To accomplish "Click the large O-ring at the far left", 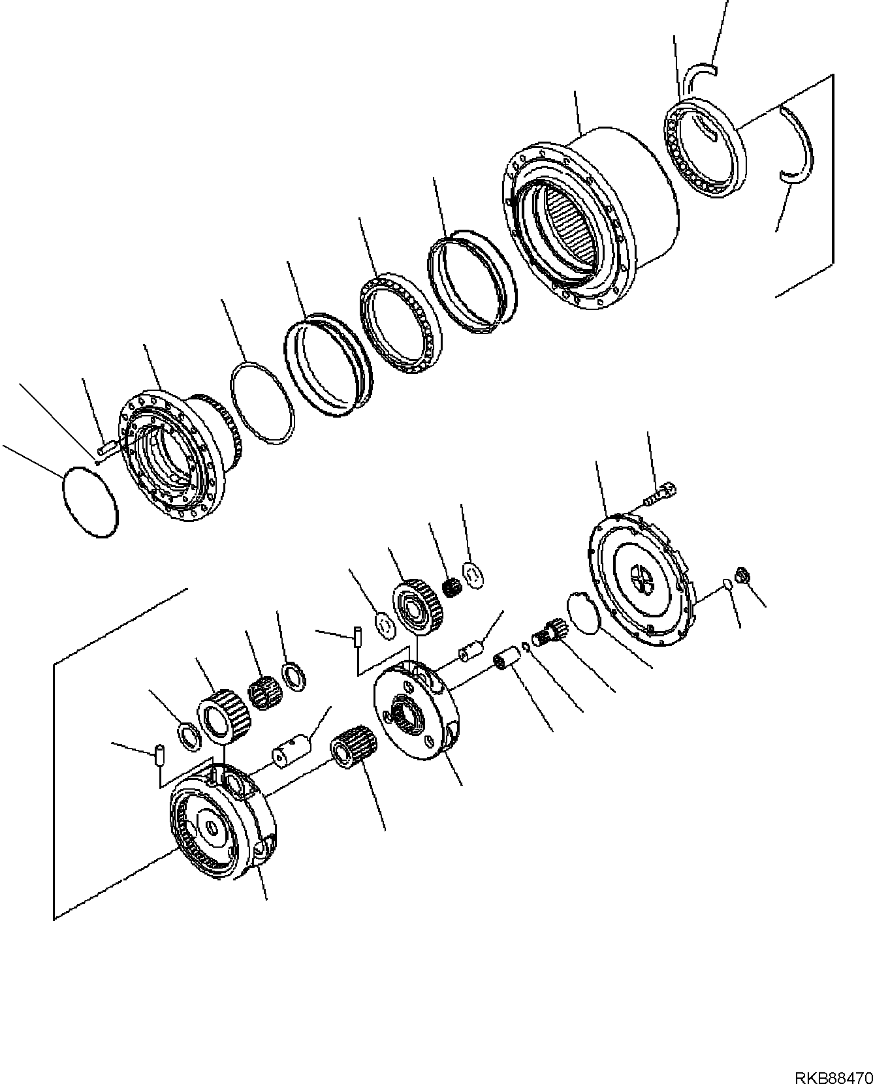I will click(91, 503).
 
